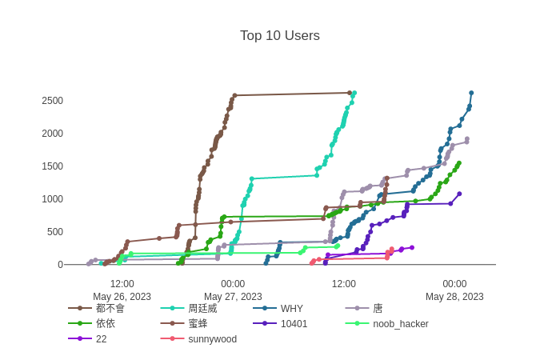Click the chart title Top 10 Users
point(280,35)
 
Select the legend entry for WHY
point(291,308)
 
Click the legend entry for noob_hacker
point(400,323)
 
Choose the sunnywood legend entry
point(212,338)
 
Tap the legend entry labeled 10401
point(293,323)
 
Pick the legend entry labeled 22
point(100,338)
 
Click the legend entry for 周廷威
point(202,308)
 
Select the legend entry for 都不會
point(110,308)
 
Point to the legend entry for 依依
point(105,323)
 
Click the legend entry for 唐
point(378,308)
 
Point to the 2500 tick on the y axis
point(54,100)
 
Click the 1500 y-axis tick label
point(54,166)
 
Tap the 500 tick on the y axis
point(56,232)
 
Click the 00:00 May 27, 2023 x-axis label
point(233,290)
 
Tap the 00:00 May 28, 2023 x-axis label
point(454,290)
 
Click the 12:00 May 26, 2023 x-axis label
point(122,290)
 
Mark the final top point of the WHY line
point(471,93)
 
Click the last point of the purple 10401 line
point(459,193)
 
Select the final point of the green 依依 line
point(459,162)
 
